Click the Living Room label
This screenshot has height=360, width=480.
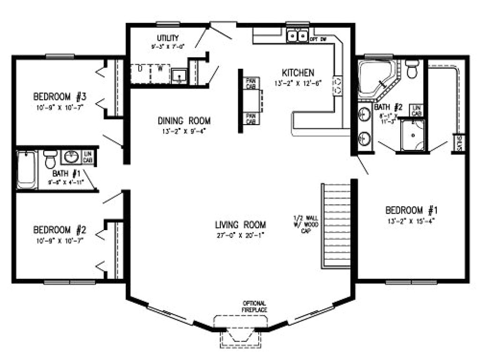click(x=240, y=224)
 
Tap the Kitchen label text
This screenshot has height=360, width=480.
click(x=298, y=73)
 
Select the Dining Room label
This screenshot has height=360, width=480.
click(x=184, y=120)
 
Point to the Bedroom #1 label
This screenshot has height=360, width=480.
click(x=411, y=209)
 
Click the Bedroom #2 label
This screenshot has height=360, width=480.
click(x=60, y=230)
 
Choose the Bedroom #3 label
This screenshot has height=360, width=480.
click(x=60, y=97)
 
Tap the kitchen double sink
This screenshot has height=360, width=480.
click(x=297, y=36)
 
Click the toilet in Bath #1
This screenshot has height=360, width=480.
click(x=50, y=160)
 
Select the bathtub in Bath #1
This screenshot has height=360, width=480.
click(x=27, y=169)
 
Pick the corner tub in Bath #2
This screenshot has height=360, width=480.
click(x=375, y=78)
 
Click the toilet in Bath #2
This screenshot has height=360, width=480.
click(x=412, y=69)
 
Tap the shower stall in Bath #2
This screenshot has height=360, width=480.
click(x=412, y=135)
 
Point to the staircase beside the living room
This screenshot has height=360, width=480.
click(x=336, y=225)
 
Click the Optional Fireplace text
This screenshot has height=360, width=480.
click(x=254, y=306)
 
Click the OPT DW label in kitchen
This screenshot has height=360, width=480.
click(x=319, y=39)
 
